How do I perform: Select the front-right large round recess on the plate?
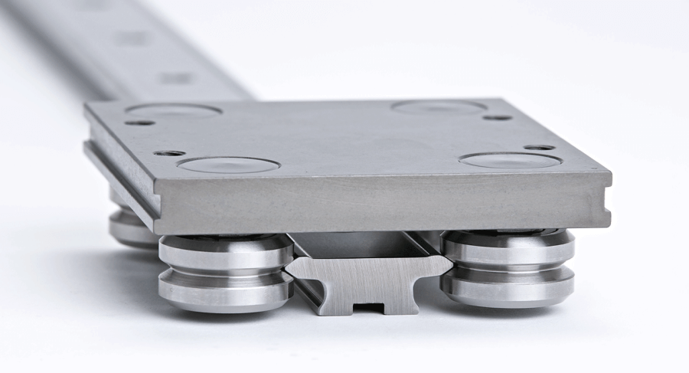(510, 160)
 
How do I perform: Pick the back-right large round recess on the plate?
(439, 106)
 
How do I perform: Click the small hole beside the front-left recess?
(168, 153)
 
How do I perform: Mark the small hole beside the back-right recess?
(498, 117)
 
